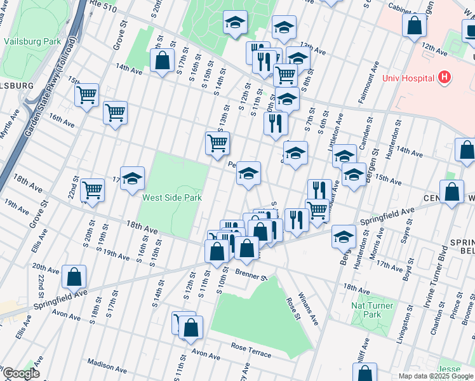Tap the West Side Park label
[171, 197]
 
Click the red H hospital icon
[445, 78]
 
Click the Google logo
[21, 373]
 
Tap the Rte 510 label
[104, 5]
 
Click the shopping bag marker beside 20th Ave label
[74, 277]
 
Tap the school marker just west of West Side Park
[132, 179]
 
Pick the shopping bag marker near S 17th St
[163, 61]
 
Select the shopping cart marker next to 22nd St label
[93, 190]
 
